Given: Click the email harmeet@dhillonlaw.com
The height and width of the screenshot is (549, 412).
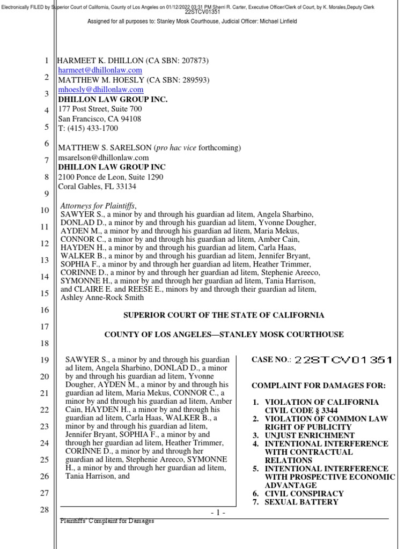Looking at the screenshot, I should point(100,70).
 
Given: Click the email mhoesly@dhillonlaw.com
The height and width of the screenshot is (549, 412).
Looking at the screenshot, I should point(101,90).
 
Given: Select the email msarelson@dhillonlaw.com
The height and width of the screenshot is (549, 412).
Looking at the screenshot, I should point(104,158).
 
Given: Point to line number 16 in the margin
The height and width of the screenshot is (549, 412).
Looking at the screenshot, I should point(45,310).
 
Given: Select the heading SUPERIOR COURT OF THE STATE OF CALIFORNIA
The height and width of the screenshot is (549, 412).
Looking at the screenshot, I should point(224,315).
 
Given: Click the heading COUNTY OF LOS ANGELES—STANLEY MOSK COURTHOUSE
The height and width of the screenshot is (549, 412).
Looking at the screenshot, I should point(224,335).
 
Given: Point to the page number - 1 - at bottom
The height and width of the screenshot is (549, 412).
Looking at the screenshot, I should point(218,513).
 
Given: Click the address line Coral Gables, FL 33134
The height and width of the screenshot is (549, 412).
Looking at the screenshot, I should point(97,187).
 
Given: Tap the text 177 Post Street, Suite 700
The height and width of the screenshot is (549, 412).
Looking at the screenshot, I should point(100,109).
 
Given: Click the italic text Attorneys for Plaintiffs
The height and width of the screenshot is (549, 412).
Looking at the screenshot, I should point(99,206).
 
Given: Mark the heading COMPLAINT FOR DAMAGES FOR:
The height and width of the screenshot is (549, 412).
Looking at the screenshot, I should point(319,386).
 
